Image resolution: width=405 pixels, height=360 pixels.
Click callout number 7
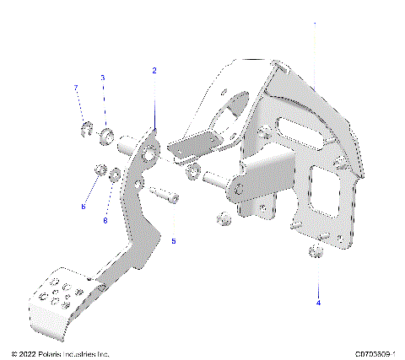[75, 88]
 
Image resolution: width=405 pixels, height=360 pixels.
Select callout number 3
[103, 78]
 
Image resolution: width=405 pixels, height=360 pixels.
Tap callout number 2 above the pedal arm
[154, 71]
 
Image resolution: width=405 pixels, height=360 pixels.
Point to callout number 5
[174, 241]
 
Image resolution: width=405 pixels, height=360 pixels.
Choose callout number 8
[105, 221]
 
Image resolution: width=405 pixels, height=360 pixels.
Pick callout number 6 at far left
[83, 206]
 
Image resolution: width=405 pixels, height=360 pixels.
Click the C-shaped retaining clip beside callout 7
[84, 130]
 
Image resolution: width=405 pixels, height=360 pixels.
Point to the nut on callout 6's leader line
[97, 172]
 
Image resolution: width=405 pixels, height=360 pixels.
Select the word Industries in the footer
[86, 353]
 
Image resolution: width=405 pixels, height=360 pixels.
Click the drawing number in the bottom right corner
[375, 353]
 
